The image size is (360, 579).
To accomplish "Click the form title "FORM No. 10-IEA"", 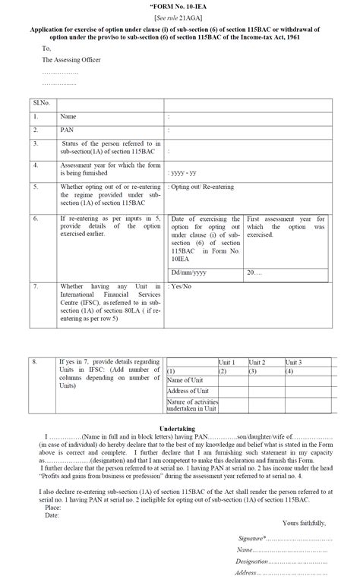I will [x=180, y=7].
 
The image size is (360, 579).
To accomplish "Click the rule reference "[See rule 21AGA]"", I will [x=180, y=17].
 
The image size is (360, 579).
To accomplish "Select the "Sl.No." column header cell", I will [x=41, y=102].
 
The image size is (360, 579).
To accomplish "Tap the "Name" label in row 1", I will [x=68, y=117].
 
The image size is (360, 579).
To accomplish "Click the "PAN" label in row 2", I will [x=67, y=131].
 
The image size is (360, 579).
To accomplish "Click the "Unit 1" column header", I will [x=229, y=362].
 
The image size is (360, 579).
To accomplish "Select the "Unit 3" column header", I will [x=297, y=362].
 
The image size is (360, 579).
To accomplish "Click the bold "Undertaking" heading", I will [x=180, y=429].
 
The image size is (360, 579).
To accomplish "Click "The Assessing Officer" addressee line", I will [x=71, y=59].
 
